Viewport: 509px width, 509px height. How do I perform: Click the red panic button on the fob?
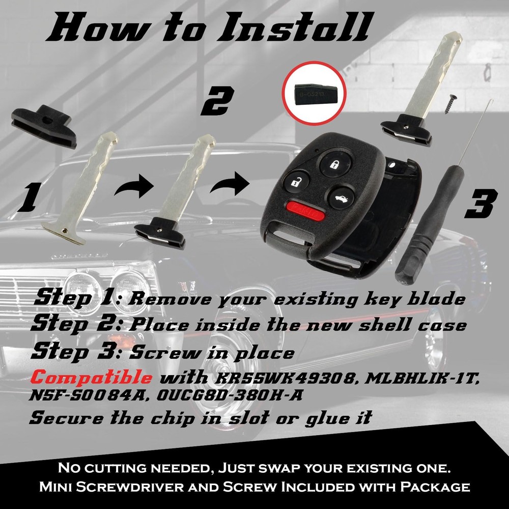click(304, 209)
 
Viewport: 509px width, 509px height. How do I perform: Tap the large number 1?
click(28, 199)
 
